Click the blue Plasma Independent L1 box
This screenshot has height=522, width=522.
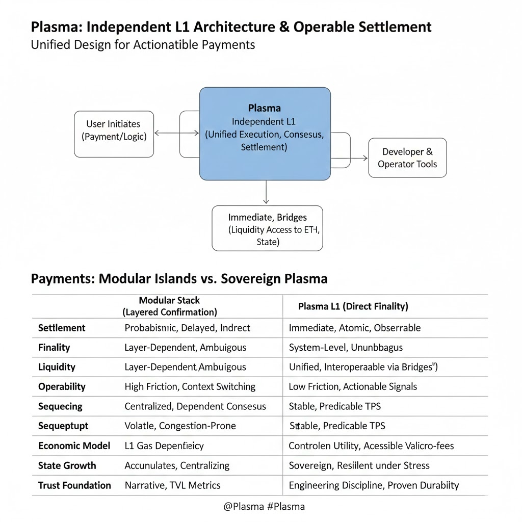pos(265,133)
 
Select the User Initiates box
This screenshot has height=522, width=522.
pos(114,134)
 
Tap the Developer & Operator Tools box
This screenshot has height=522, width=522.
pos(407,158)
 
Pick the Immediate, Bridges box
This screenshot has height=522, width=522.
pos(267,228)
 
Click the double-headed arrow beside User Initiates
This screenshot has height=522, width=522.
pos(176,133)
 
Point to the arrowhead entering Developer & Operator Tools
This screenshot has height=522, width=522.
pos(365,158)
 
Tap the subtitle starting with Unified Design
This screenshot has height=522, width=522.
pos(143,44)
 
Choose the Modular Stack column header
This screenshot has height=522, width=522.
pos(169,306)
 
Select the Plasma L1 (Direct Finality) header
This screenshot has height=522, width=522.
pos(353,306)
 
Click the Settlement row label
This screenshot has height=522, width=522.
pos(62,328)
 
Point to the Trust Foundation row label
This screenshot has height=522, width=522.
pos(74,485)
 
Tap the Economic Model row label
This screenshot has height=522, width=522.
pos(74,446)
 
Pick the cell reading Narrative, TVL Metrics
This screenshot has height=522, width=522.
pos(172,485)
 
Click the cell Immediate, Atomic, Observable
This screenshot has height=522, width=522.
pos(354,328)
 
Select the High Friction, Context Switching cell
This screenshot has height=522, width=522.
pos(190,386)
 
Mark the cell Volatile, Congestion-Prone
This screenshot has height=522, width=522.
pos(180,426)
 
